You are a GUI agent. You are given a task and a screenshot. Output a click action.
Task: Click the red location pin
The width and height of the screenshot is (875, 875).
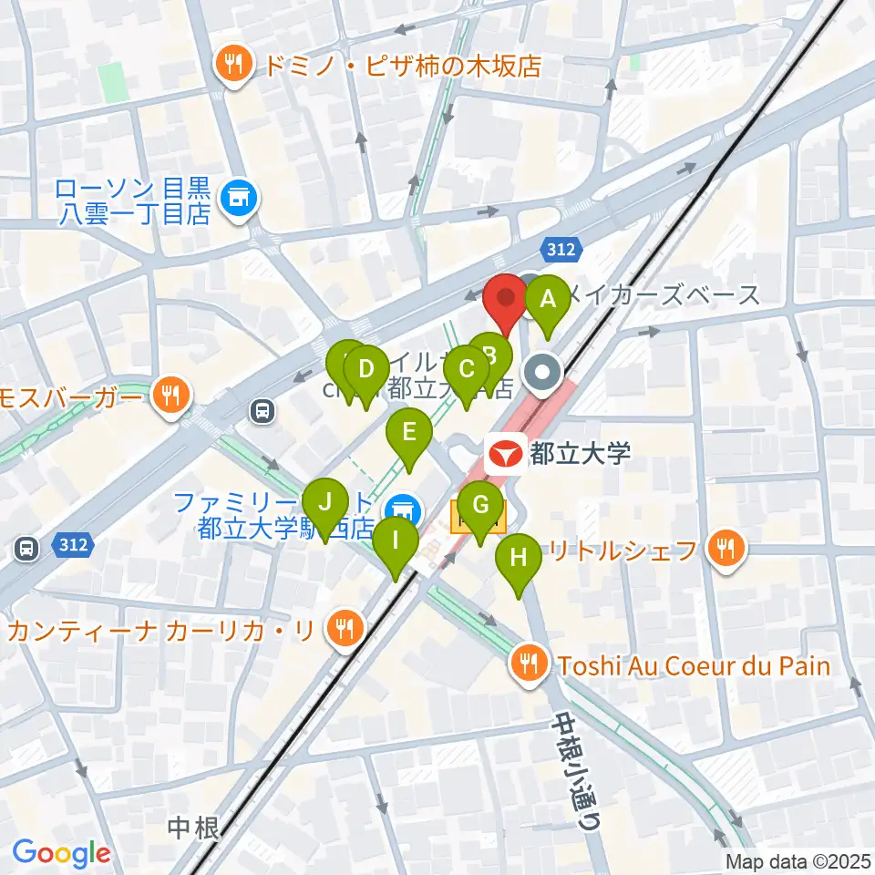[x=504, y=301]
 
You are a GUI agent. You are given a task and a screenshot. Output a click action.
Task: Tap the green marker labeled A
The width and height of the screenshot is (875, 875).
[x=548, y=300]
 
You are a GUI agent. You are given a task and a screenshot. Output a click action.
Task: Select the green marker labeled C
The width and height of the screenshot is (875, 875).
[x=466, y=371]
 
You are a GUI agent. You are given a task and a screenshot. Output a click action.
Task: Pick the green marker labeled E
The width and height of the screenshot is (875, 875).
[x=409, y=432]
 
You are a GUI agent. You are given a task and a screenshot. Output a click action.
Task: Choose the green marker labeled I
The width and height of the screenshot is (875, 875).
[x=396, y=540]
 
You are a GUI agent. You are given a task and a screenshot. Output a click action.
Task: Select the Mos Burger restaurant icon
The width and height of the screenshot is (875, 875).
[x=170, y=396]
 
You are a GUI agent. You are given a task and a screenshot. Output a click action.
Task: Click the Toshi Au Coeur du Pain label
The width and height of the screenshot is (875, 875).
[x=695, y=665]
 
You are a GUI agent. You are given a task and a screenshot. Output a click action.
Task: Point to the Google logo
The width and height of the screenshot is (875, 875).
[x=62, y=854]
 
